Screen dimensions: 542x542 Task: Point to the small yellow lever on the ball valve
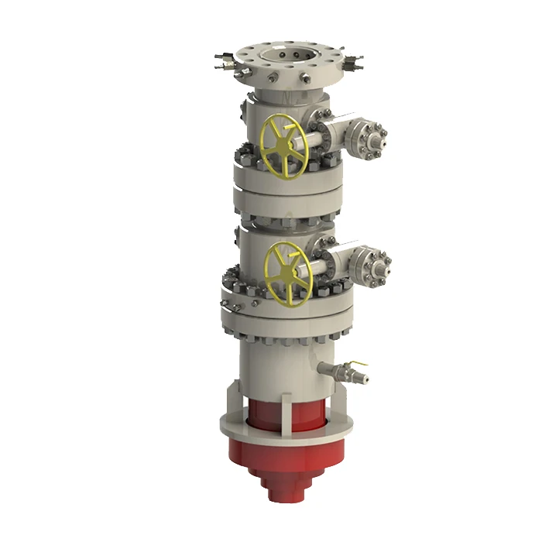click(357, 365)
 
